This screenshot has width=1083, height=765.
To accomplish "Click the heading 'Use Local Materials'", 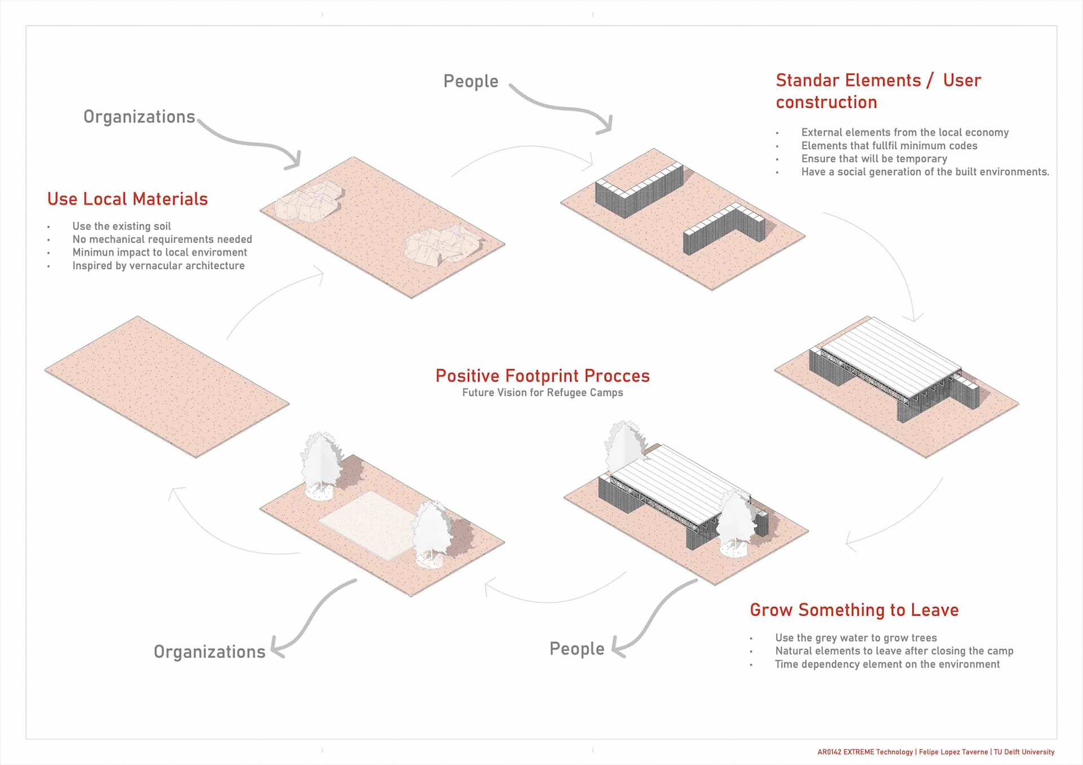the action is [x=127, y=199].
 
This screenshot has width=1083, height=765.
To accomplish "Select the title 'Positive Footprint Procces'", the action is [x=542, y=375].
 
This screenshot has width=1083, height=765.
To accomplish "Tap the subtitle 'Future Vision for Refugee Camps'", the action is [x=542, y=392].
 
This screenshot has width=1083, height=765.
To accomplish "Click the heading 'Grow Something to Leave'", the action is [x=853, y=610].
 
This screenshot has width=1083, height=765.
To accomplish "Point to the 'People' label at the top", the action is [x=470, y=81].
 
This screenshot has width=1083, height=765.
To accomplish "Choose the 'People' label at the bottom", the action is [x=576, y=649].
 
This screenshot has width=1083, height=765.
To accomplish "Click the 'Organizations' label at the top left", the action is [x=139, y=117].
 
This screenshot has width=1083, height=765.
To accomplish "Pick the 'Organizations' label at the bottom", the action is [x=209, y=652].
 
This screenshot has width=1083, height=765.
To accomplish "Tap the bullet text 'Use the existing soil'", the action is [x=121, y=226].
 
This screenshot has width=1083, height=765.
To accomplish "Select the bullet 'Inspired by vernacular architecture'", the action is [x=158, y=266].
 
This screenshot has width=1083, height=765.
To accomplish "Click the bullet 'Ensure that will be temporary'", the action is [x=874, y=159].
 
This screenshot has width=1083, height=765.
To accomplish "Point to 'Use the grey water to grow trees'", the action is [x=855, y=638].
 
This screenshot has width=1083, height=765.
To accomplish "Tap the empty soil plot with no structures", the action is [x=166, y=386].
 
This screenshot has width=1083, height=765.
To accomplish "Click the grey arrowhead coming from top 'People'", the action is [x=605, y=125].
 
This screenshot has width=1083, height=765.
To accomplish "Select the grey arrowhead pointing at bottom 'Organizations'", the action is [x=278, y=648].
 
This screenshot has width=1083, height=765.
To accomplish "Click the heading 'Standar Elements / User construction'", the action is [x=878, y=91].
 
